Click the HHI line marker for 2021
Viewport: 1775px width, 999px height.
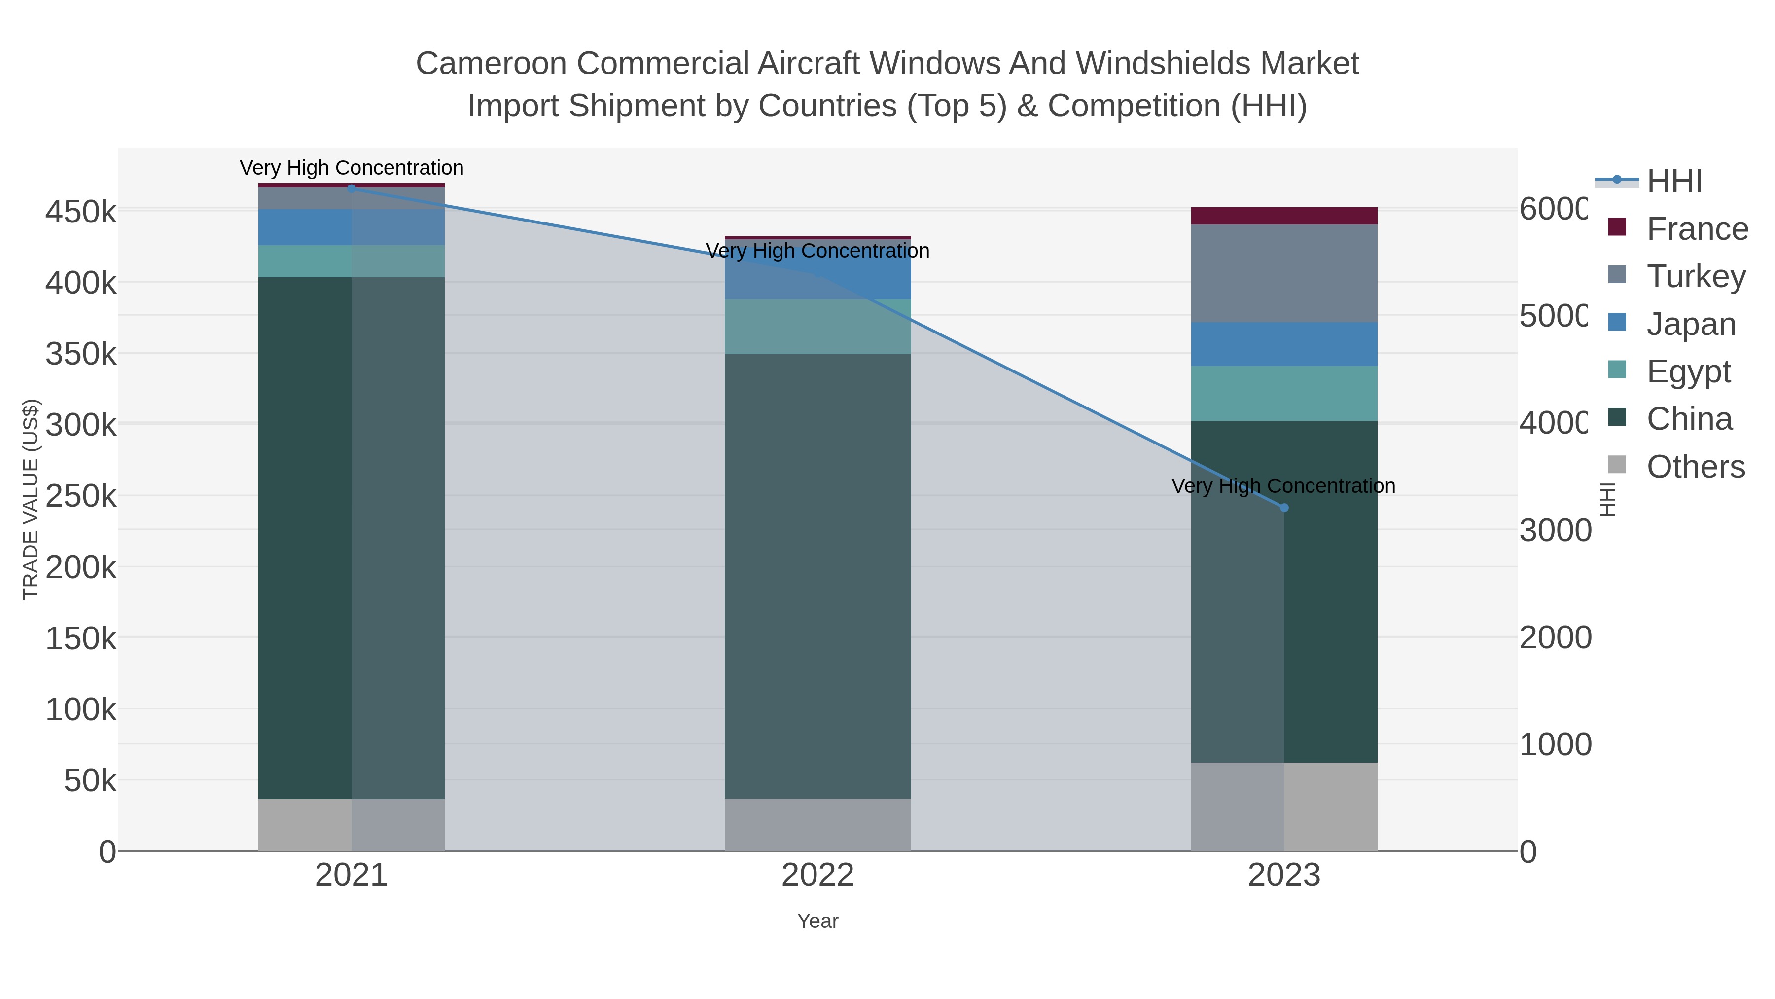352,189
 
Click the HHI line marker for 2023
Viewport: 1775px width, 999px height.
1284,508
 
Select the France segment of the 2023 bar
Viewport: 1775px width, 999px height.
1284,216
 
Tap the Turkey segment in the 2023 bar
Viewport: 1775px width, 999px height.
1284,273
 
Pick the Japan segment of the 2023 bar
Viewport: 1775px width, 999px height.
1284,344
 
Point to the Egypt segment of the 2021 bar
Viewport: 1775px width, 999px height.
352,261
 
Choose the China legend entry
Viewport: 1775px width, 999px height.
1688,419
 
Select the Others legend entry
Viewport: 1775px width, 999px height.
1695,467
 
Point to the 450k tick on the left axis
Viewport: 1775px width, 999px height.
81,212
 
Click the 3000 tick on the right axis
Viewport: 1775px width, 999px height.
1555,531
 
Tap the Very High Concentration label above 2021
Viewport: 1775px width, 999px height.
352,168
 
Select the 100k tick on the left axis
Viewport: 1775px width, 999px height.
81,709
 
